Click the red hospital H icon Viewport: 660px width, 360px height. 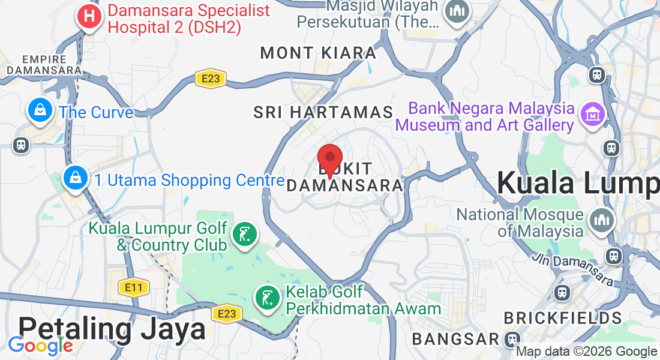click(89, 16)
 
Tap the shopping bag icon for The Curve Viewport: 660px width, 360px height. click(40, 110)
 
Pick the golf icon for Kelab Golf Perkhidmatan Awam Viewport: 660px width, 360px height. click(266, 298)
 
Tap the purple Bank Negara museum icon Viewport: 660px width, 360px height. click(592, 113)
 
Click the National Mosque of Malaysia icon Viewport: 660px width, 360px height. click(601, 221)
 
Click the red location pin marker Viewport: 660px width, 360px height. click(329, 160)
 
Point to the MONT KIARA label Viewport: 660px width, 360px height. click(318, 53)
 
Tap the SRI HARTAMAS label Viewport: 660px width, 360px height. click(323, 112)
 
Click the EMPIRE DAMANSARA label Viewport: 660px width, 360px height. click(43, 65)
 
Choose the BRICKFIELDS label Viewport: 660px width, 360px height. click(562, 317)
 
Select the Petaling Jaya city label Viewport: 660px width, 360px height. click(112, 329)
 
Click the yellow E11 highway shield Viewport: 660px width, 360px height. click(133, 287)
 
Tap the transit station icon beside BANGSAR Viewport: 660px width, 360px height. click(512, 338)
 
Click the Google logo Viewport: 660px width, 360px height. click(40, 346)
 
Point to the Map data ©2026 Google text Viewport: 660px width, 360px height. click(586, 352)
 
